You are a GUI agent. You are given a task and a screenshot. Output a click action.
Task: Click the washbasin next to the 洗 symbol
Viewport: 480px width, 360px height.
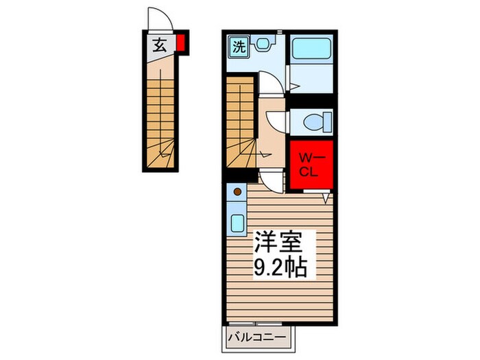pos(262,46)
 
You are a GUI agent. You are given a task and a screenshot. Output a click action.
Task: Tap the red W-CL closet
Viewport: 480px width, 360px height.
pos(311,165)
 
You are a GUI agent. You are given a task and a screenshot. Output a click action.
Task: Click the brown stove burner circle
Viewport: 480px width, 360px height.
pos(238,193)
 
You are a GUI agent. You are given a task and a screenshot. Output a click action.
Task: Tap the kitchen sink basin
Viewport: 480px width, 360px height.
pos(238,224)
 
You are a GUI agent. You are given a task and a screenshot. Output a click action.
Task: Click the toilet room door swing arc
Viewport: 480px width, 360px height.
pos(276,121)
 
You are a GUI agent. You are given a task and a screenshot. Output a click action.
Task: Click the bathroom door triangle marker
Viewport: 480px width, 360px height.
pos(292,87)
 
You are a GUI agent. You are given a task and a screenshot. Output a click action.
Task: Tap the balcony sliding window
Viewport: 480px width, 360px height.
pos(260,322)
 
